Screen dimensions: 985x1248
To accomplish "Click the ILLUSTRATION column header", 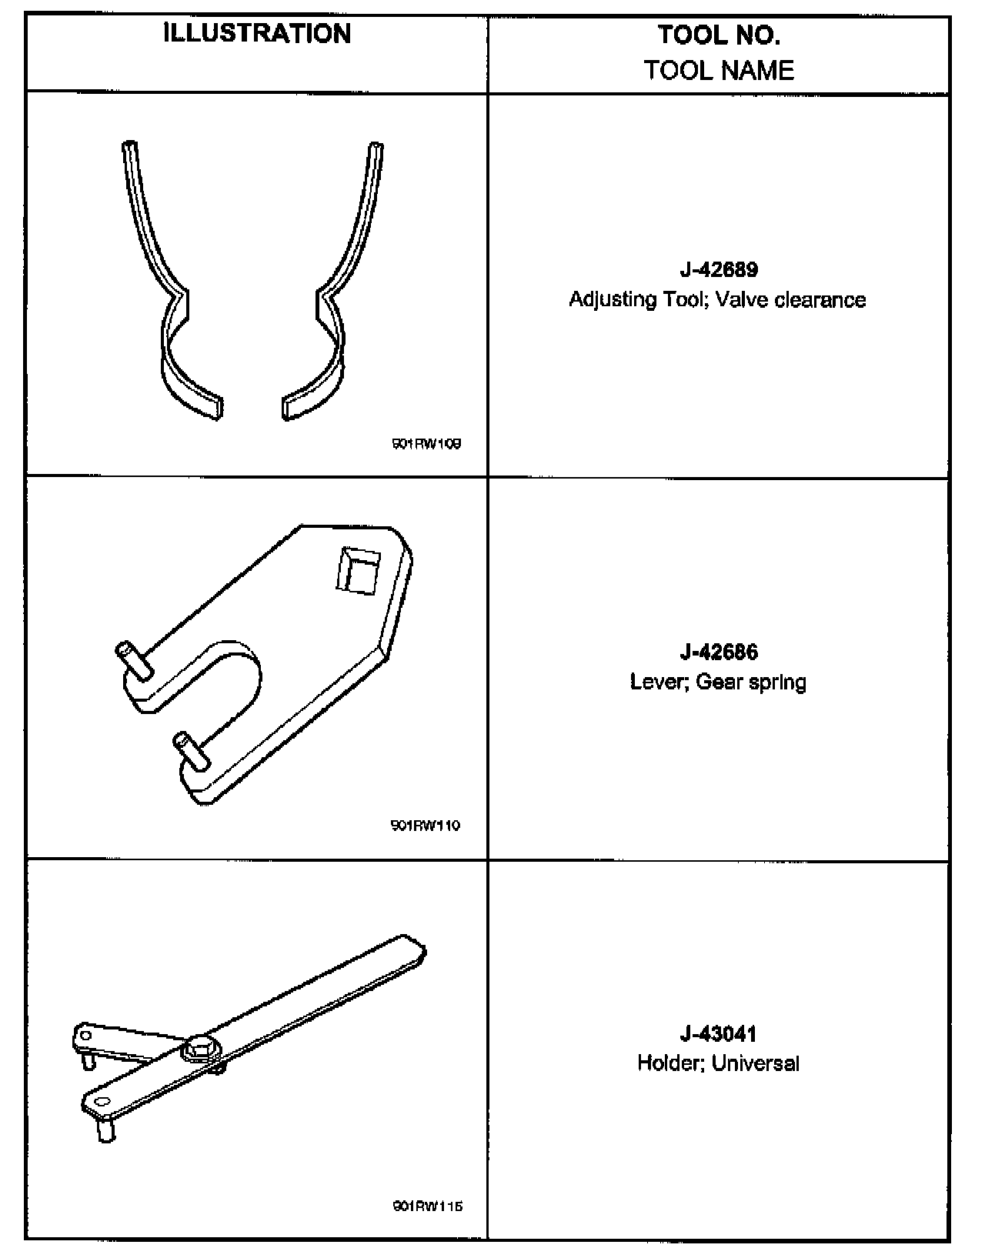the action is coord(257,34).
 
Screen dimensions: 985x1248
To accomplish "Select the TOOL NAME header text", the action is coord(719,71).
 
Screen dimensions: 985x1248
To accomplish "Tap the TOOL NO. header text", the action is coord(719,35).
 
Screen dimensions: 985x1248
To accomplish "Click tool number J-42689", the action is coord(719,270).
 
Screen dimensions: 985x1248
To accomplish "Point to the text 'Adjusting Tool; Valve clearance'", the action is coord(717,299).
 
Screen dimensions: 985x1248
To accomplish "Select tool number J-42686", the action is coord(719,652).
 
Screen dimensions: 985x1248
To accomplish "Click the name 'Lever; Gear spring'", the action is coord(718,682).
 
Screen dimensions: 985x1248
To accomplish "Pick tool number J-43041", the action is coord(719,1033).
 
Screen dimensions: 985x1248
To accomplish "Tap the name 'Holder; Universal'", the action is coord(718,1063).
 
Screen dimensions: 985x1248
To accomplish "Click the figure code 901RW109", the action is coord(426,444).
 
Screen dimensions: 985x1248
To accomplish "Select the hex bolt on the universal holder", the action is coord(202,1049).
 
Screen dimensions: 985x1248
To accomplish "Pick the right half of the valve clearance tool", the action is coord(335,292).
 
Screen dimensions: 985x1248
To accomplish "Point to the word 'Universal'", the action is coord(756,1063).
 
